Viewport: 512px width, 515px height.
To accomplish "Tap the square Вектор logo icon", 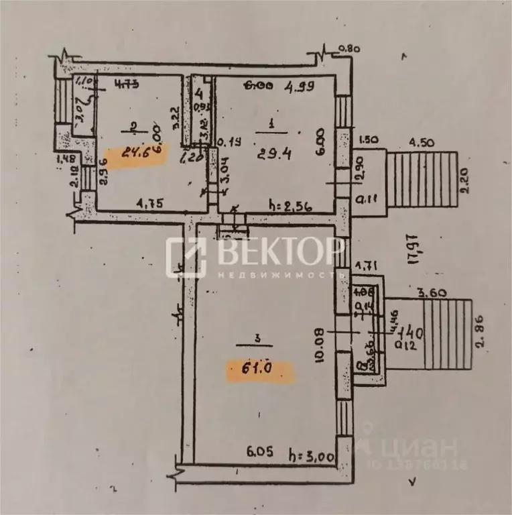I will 186,257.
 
